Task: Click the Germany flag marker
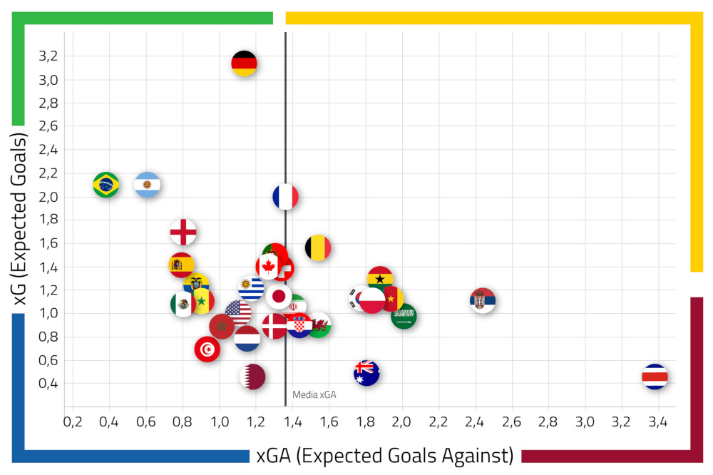point(244,63)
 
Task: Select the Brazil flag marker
point(106,185)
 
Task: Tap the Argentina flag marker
point(148,185)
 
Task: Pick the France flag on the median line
point(285,197)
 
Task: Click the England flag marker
point(183,231)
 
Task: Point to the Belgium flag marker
point(318,247)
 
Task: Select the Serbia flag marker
point(483,300)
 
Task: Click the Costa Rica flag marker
point(655,376)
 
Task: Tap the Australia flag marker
point(366,372)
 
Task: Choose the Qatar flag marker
point(253,376)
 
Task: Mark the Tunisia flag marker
point(207,349)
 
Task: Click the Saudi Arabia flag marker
point(404,315)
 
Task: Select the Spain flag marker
point(182,265)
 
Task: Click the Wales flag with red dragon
point(319,325)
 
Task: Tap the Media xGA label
point(314,394)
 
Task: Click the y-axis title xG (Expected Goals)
point(21,221)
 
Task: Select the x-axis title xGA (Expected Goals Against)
point(385,455)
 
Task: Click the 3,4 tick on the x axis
point(657,422)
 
